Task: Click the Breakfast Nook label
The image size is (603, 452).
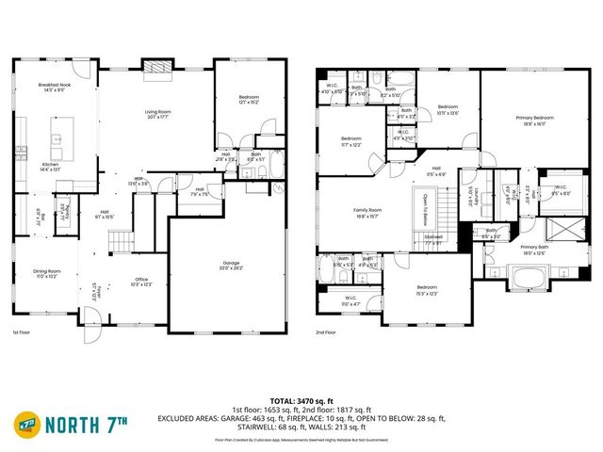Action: coord(57,88)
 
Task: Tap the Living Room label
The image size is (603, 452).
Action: coord(157,115)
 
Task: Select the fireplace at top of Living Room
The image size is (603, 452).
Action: coord(156,66)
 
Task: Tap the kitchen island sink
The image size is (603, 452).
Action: coord(57,139)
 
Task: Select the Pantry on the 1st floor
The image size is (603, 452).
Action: coord(64,211)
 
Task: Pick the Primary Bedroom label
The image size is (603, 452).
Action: coord(534,120)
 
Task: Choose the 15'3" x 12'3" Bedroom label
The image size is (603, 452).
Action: coord(427,290)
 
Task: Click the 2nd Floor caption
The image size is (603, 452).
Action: coord(326,332)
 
